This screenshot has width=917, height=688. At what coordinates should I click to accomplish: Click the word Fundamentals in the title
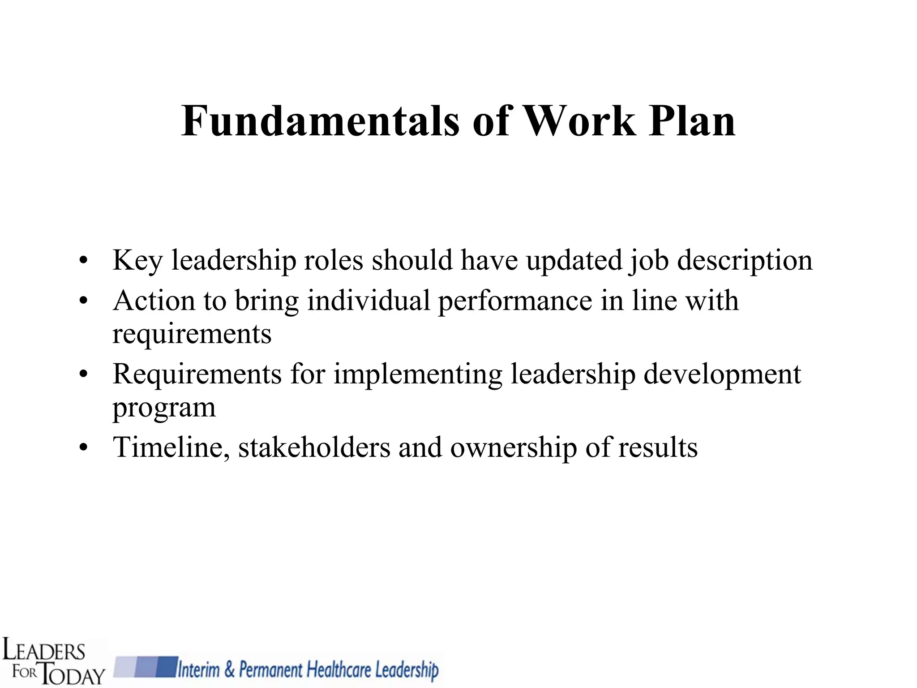click(320, 121)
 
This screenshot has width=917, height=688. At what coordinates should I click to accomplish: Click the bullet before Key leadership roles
click(83, 261)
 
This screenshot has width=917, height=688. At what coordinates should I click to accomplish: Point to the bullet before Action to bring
click(83, 301)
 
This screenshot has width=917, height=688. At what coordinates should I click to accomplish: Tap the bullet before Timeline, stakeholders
click(83, 448)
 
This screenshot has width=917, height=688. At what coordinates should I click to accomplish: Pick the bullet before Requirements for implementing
click(83, 374)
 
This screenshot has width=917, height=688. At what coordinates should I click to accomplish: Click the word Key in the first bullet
click(137, 261)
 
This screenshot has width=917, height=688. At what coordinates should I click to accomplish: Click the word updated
click(574, 261)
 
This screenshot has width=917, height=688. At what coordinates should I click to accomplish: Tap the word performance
click(515, 301)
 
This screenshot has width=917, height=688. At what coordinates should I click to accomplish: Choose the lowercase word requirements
click(192, 334)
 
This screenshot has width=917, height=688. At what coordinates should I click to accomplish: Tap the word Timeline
click(171, 448)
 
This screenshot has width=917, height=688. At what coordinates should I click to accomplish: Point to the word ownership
click(514, 448)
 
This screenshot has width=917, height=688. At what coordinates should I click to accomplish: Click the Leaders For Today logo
click(53, 660)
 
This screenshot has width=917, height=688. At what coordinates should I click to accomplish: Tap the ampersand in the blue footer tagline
click(229, 670)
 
